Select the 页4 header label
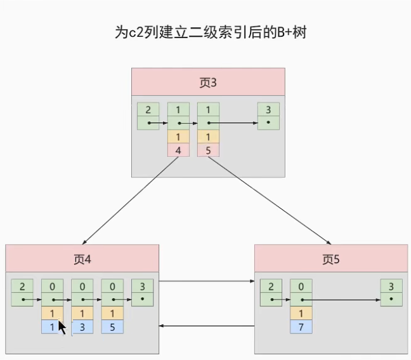click(x=83, y=259)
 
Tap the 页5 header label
click(x=331, y=259)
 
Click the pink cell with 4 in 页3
click(x=178, y=150)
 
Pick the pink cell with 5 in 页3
click(x=208, y=150)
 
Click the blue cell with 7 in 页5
click(x=301, y=327)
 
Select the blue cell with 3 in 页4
click(x=82, y=327)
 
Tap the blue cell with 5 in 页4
click(x=112, y=327)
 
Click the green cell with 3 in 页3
click(x=268, y=110)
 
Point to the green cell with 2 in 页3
click(x=148, y=110)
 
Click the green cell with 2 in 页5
click(x=271, y=286)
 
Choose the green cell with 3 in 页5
click(x=391, y=286)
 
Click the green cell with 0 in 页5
click(x=301, y=286)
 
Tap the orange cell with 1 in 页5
click(x=301, y=313)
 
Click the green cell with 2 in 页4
click(x=22, y=286)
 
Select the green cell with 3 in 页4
click(x=143, y=286)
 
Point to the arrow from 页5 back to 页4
click(x=206, y=326)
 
